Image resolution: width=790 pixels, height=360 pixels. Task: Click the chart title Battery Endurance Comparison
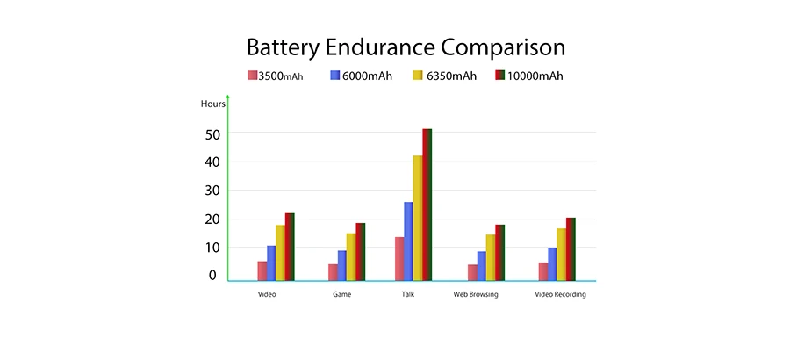coord(405,47)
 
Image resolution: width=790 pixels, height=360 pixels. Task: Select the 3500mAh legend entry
coord(276,76)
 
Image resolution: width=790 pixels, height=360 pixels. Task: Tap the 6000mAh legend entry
coord(361,76)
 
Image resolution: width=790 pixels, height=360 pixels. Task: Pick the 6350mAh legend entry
coord(444,76)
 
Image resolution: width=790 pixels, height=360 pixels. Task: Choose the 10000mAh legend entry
coord(529,76)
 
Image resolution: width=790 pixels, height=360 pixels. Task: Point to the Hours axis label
coord(212,104)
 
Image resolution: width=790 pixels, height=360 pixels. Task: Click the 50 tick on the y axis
coord(212,133)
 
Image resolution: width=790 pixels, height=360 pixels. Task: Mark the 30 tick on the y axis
coord(212,191)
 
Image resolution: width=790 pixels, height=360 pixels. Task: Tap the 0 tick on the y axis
coord(212,276)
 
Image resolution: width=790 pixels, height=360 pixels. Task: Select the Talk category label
coord(407,294)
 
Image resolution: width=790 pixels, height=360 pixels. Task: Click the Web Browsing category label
coord(476,294)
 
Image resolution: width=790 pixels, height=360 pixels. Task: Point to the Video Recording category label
coord(560,294)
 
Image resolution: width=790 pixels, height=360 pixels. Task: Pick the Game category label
coord(342,294)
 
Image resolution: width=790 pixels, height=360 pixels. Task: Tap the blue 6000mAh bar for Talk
coord(408,241)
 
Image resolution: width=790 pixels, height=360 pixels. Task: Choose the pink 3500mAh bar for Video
coord(262,271)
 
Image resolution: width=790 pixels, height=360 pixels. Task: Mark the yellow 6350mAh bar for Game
coord(351,256)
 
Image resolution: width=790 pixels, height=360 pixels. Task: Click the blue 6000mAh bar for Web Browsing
coord(482,266)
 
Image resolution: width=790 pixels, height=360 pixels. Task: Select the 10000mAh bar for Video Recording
coord(571,249)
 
